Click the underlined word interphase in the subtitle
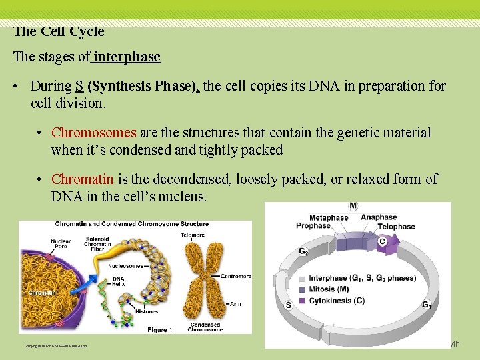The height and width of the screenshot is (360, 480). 127,57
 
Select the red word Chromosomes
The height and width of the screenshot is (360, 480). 93,133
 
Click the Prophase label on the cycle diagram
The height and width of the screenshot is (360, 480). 313,226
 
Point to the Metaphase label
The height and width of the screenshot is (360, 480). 328,217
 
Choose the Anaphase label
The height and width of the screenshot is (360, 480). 379,217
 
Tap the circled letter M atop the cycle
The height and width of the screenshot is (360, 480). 353,206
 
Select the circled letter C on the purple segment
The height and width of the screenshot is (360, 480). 382,241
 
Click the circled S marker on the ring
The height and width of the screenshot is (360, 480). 288,305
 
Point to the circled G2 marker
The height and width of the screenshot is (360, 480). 303,252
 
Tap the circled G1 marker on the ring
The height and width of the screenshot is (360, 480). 426,305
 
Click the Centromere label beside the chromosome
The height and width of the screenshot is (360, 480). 236,275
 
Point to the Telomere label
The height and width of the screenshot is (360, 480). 193,234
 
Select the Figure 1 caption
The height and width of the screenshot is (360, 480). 159,329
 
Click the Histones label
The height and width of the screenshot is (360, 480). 147,311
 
